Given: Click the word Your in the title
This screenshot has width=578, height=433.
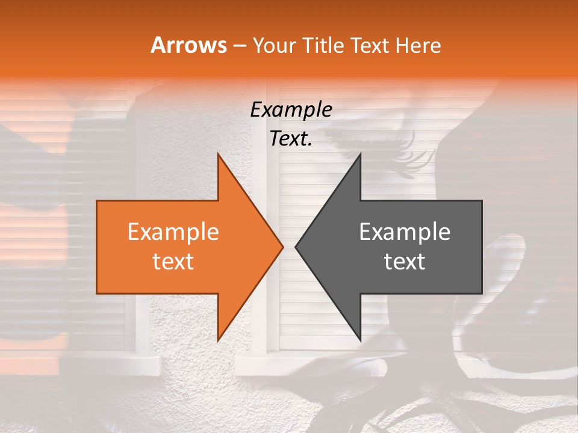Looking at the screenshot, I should tap(274, 45).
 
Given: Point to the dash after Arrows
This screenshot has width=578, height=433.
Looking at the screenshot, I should tap(240, 46).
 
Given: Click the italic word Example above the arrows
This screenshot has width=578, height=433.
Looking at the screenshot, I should tap(291, 109).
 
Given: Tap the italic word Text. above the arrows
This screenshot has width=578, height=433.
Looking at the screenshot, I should tap(291, 139).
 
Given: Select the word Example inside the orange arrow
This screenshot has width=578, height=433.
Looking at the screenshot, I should tap(173, 232).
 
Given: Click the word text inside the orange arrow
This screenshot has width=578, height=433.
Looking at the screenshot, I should tap(173, 262).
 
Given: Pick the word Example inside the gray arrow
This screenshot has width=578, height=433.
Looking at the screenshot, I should tap(405, 232).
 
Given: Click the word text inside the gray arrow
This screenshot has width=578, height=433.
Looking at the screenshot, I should tap(405, 262).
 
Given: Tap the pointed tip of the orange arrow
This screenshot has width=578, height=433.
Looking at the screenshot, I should tap(282, 247).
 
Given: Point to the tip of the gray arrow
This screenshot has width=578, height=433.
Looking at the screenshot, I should tap(297, 247).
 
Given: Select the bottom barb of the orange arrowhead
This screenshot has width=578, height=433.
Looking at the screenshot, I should tap(219, 337).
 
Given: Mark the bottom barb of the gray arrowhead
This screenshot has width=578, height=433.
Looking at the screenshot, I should tap(359, 337).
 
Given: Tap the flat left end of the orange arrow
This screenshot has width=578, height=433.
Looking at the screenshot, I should tap(98, 247).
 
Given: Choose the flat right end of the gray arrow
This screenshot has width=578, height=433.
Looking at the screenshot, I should tap(480, 247).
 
